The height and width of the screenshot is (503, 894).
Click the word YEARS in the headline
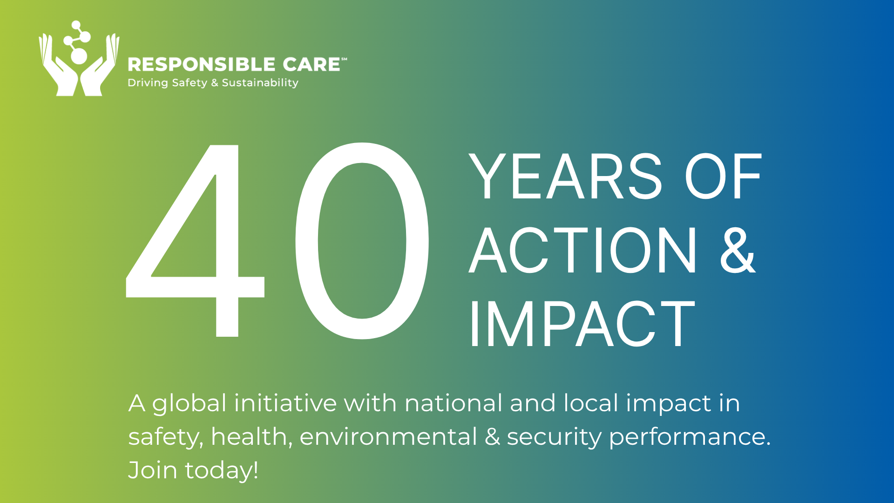(x=565, y=177)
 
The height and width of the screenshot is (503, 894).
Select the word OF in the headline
(x=723, y=177)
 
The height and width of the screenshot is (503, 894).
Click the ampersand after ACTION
(x=738, y=251)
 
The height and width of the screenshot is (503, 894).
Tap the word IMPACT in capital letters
(x=582, y=324)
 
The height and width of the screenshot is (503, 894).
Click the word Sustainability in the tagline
(x=260, y=83)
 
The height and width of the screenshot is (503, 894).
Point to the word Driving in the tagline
(x=148, y=83)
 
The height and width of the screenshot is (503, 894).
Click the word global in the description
(x=189, y=404)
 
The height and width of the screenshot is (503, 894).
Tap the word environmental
(x=388, y=437)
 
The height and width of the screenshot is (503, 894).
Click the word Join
(x=153, y=470)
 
